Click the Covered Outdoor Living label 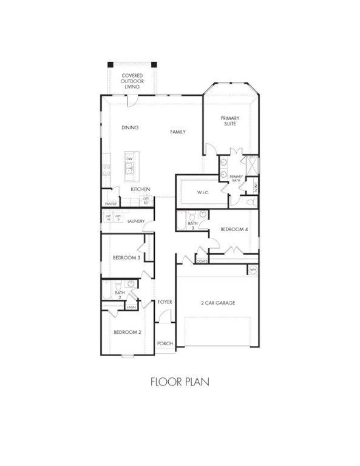(132, 81)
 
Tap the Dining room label (130, 127)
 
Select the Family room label (177, 132)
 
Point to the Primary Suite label (229, 121)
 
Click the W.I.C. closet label (203, 193)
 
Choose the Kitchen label (140, 189)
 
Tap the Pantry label (110, 204)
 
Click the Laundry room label (136, 221)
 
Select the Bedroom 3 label (126, 258)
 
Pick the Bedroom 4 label (234, 229)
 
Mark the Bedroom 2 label (127, 332)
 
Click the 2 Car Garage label (217, 303)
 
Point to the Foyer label (165, 302)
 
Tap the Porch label (165, 343)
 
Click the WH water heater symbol (253, 269)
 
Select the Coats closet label (202, 262)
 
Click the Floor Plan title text (180, 382)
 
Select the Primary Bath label (236, 178)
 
